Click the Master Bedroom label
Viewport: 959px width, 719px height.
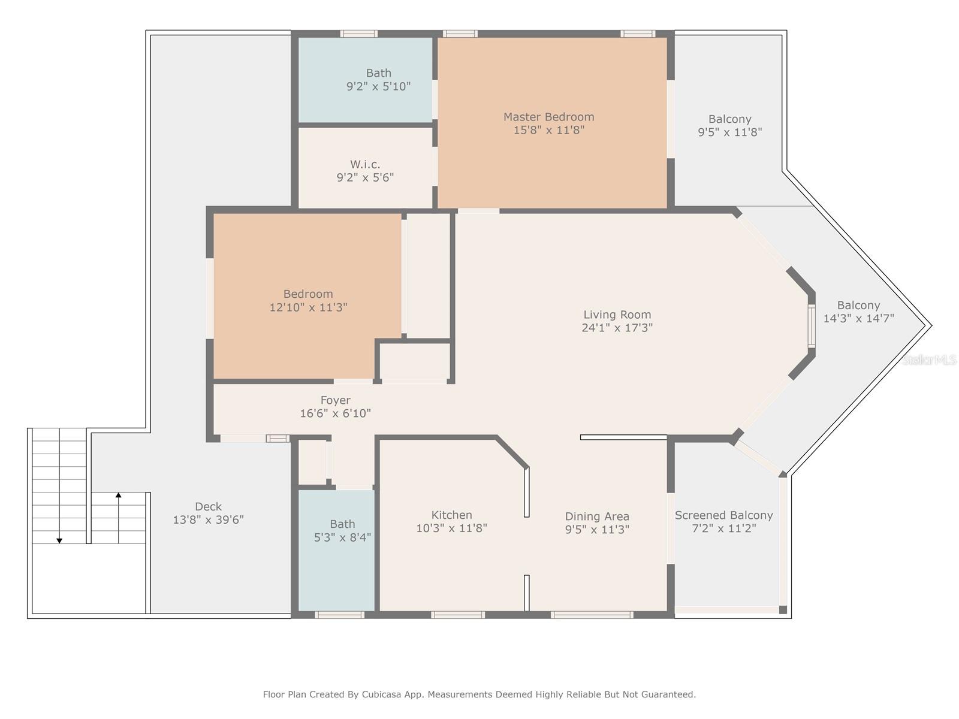[548, 117]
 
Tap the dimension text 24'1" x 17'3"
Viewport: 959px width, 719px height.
[617, 328]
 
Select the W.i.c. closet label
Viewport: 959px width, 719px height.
[365, 164]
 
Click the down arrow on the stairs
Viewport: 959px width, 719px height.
[59, 540]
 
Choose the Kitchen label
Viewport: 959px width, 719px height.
[451, 515]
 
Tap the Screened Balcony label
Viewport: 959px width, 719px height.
[723, 515]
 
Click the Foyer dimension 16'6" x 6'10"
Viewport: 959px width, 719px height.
[335, 413]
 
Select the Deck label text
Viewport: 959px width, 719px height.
[208, 506]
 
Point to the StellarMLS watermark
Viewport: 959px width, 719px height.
[930, 359]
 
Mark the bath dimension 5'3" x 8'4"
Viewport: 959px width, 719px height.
[342, 537]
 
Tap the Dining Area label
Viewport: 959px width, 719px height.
[597, 516]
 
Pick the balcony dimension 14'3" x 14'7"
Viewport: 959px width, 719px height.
[858, 319]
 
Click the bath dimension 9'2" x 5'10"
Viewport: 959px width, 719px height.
[378, 86]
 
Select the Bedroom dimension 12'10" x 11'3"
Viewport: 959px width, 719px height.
[308, 307]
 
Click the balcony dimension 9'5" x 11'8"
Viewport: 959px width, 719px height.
[729, 132]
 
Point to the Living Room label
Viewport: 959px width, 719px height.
[617, 315]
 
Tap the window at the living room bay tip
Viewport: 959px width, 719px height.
[812, 326]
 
